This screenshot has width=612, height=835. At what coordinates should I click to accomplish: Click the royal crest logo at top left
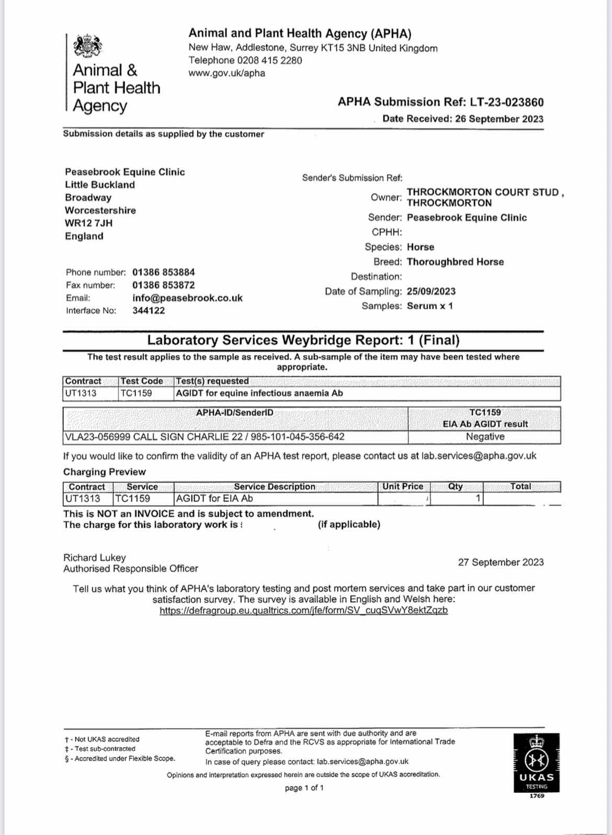[x=87, y=47]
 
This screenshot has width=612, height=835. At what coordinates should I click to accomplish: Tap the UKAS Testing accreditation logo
[x=537, y=765]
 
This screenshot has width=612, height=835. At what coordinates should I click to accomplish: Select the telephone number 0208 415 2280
[x=269, y=60]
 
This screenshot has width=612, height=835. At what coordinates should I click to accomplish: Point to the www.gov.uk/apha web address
[x=226, y=73]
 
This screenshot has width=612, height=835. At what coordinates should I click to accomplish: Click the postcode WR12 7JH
[x=88, y=223]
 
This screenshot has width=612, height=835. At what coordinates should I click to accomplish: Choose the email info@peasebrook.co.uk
[x=187, y=298]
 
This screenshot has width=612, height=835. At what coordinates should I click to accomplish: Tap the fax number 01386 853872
[x=163, y=285]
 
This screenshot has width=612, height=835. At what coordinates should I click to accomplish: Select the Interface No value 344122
[x=149, y=310]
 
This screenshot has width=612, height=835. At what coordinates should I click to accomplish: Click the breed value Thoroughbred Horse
[x=455, y=262]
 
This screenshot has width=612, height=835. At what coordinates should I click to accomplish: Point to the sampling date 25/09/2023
[x=431, y=291]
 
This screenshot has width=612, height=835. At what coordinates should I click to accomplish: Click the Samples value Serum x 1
[x=429, y=306]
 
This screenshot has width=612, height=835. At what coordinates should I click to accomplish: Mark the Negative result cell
[x=485, y=437]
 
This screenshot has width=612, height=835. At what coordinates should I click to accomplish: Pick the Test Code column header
[x=142, y=381]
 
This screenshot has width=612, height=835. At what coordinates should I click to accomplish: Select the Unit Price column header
[x=402, y=487]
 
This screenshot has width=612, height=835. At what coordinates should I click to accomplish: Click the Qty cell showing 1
[x=478, y=499]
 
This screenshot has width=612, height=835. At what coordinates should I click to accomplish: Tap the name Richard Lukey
[x=95, y=558]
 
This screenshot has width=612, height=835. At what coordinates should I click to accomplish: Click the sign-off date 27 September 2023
[x=501, y=562]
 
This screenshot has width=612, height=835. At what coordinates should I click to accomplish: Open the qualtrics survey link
[x=303, y=610]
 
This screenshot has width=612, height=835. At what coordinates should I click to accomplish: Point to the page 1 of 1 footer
[x=304, y=788]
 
